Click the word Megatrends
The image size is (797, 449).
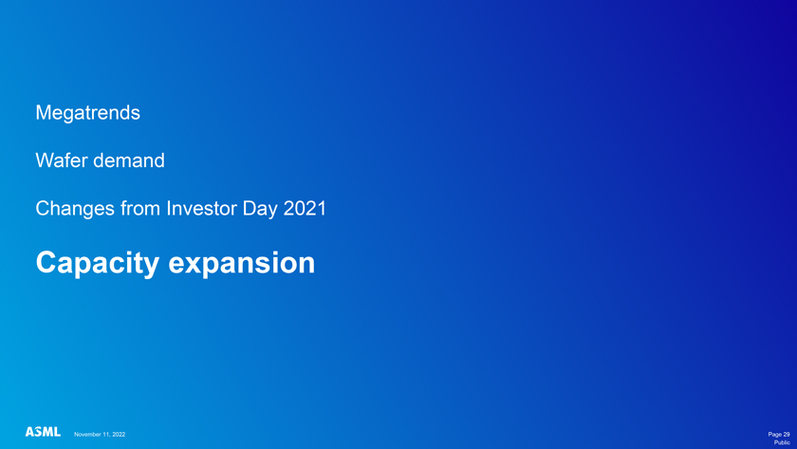(x=88, y=113)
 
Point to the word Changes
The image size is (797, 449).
(x=75, y=209)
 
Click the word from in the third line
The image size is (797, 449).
(x=140, y=208)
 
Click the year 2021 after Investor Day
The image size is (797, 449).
(x=305, y=208)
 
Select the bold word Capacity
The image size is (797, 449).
(x=98, y=263)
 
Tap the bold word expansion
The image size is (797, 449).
(x=241, y=263)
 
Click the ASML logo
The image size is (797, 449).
(x=44, y=432)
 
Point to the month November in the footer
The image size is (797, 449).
(x=87, y=434)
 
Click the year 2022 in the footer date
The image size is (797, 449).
(x=119, y=434)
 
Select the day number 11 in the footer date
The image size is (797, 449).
(x=106, y=434)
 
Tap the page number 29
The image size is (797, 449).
(x=787, y=434)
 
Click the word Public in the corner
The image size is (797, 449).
(x=782, y=442)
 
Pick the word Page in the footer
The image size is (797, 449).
(x=774, y=434)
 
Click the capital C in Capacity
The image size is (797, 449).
(x=46, y=262)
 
